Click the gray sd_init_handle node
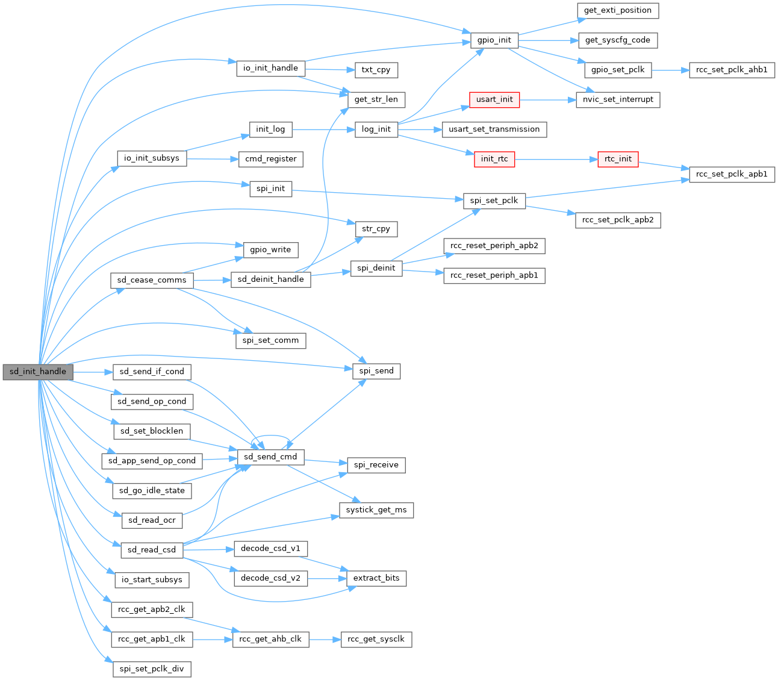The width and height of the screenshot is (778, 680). pos(37,372)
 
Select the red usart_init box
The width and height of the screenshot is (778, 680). pos(494,99)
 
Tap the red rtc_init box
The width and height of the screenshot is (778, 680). pos(618,159)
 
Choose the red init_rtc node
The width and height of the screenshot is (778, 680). pos(494,159)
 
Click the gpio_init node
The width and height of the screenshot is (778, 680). pos(494,40)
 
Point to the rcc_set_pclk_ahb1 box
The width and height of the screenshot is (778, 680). pos(732,70)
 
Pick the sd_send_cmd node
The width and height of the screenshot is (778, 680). pos(270,457)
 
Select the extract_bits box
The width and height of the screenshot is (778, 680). pos(376,578)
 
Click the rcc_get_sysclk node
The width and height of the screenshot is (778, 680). pos(376,639)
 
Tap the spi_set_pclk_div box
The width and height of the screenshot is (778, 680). pos(152,669)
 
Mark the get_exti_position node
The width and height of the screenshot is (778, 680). pos(618,10)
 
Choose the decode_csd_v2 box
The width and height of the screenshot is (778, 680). pos(270,578)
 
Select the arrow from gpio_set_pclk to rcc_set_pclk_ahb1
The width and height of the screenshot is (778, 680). pos(670,70)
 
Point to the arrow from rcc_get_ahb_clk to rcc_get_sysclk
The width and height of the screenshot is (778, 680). pos(325,639)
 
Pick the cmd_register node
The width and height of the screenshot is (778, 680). pos(270,159)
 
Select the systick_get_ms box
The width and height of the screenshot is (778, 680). pos(376,510)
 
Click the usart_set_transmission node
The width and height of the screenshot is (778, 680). pos(494,129)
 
